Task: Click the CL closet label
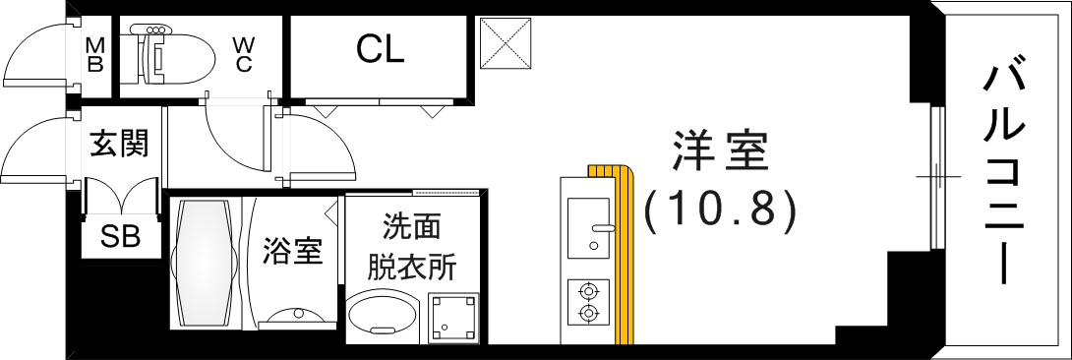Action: [380, 49]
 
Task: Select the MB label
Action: [94, 55]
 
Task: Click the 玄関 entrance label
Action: [119, 144]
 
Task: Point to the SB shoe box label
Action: [121, 237]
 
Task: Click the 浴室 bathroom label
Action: [292, 251]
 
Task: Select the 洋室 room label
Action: [719, 153]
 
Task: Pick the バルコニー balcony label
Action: [1004, 172]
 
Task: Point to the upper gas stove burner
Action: [589, 291]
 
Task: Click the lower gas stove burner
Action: [589, 314]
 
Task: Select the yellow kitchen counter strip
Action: [622, 256]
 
